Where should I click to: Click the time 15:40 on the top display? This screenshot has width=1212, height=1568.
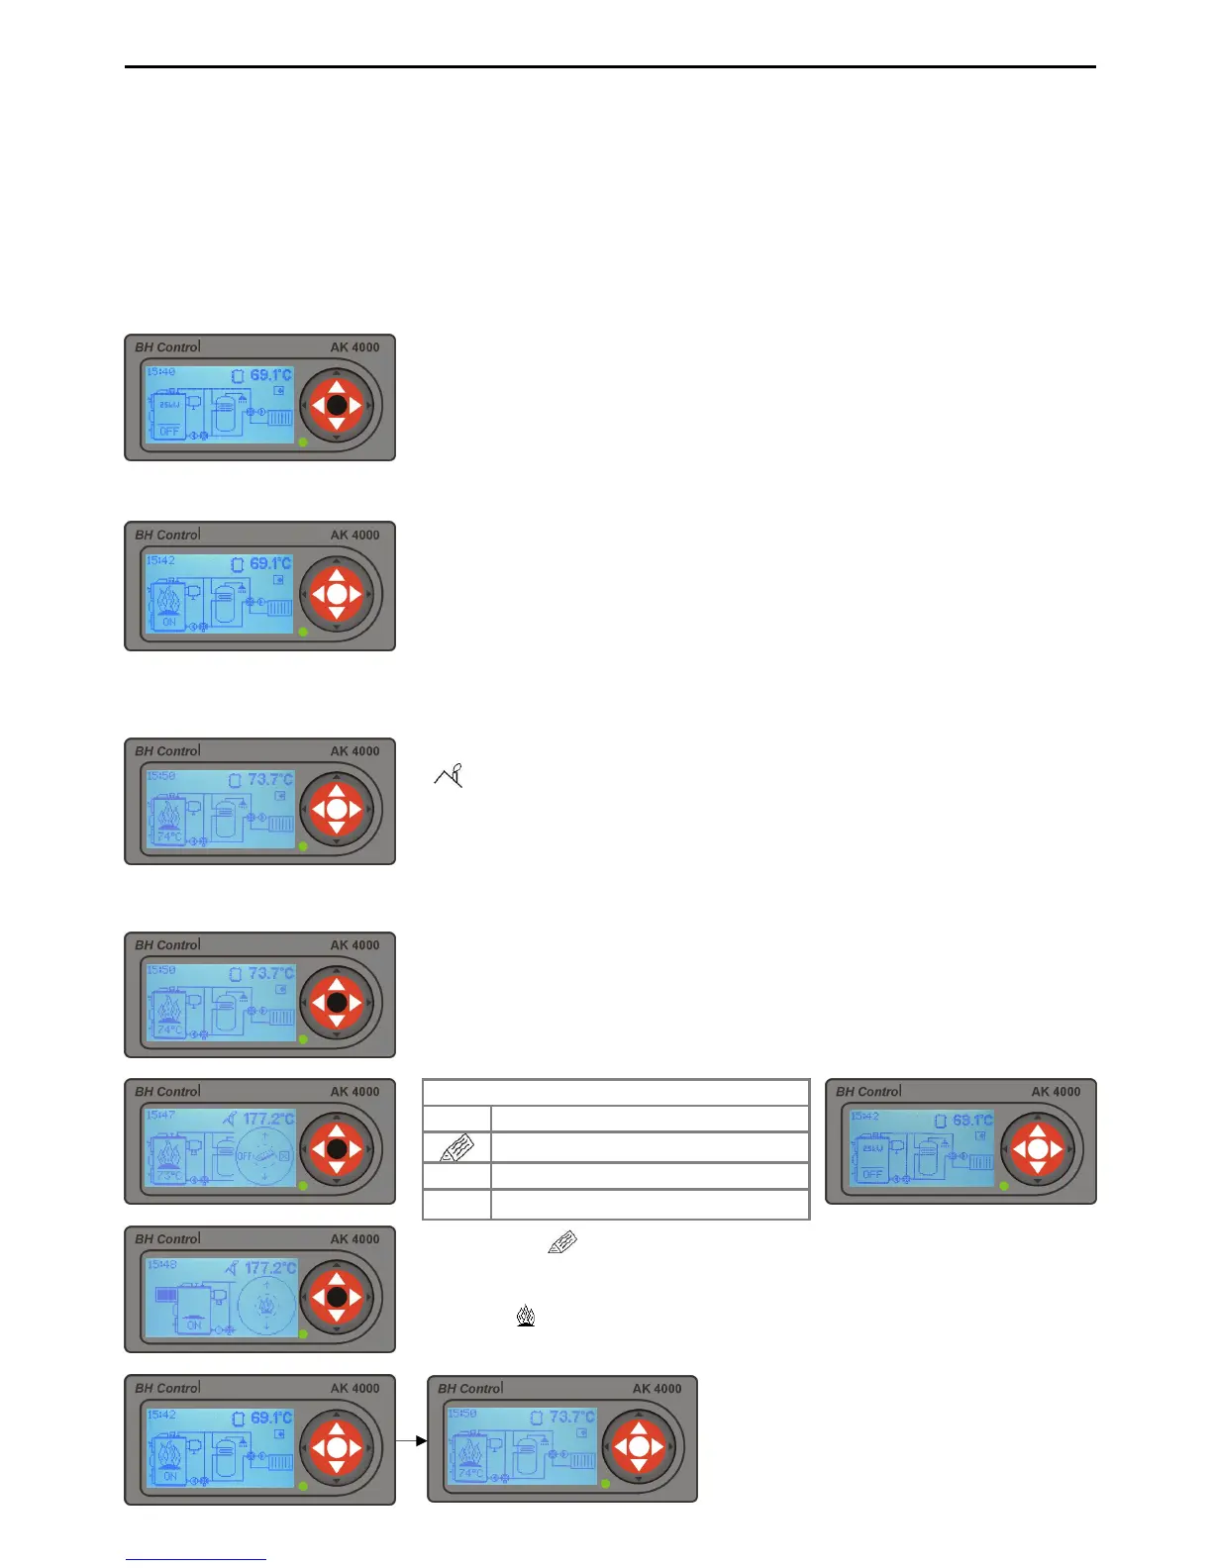click(160, 372)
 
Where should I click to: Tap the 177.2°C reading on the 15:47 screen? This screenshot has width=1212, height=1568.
click(268, 1120)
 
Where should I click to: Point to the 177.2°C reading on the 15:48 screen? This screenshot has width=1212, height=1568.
click(269, 1268)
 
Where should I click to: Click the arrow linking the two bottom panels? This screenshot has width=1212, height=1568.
click(411, 1440)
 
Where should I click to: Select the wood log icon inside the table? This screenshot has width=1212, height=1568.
click(456, 1148)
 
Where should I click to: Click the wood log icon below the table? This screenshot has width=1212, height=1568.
click(561, 1243)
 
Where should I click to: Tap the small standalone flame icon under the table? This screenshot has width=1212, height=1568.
click(526, 1317)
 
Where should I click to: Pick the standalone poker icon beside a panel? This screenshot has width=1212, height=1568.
click(450, 775)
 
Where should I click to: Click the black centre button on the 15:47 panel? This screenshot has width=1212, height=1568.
click(337, 1149)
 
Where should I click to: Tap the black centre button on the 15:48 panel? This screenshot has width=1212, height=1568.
click(337, 1296)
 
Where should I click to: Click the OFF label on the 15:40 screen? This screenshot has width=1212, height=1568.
click(169, 432)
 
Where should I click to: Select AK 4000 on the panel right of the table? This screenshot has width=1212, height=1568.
click(1056, 1092)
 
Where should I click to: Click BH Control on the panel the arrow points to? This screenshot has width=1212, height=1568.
click(470, 1389)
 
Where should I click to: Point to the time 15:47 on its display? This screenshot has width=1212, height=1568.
click(160, 1116)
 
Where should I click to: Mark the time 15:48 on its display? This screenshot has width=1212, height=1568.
click(160, 1264)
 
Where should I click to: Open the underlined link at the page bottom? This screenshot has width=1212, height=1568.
click(196, 1558)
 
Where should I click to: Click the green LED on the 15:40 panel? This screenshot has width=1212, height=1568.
click(303, 442)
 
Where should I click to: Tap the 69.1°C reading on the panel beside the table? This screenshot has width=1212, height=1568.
click(971, 1121)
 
